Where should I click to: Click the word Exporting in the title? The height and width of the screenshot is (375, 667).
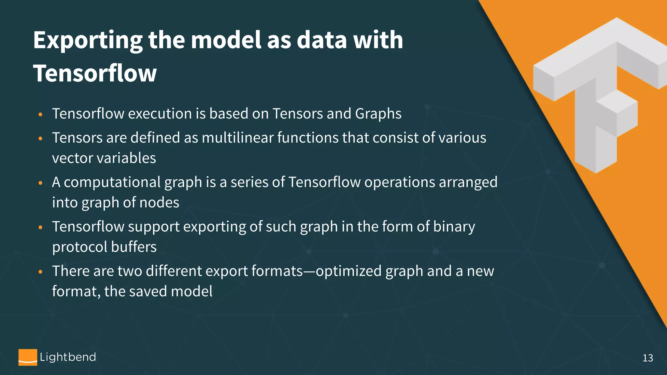pos(88,40)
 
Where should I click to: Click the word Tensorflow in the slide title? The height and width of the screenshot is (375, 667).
pos(95,73)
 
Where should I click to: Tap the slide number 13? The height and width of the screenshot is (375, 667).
pos(647,358)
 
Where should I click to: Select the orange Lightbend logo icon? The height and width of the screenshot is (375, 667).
pos(28,357)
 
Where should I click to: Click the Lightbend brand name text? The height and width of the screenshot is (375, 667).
pos(68,357)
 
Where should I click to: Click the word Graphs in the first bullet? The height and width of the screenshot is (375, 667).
pos(378,114)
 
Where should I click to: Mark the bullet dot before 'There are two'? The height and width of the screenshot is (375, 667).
pos(40,271)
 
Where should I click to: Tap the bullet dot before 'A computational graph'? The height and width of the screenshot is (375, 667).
pos(40,183)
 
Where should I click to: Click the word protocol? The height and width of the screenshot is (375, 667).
pos(80,247)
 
